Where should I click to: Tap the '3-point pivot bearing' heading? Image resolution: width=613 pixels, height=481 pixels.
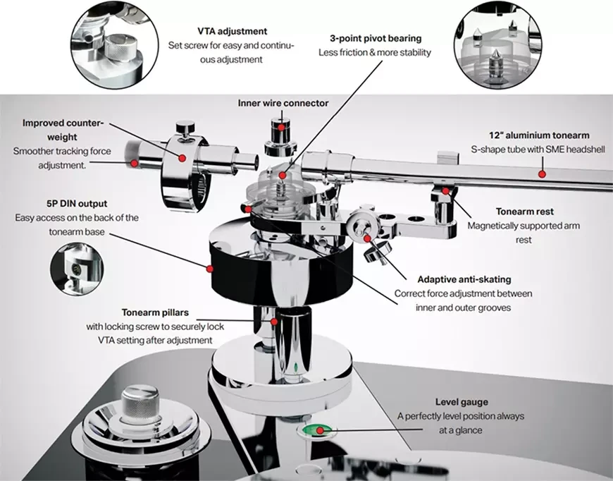(x=380, y=37)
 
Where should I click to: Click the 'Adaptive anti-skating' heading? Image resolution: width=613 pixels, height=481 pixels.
(x=464, y=279)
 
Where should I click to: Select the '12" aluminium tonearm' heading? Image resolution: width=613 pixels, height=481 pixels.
(x=539, y=135)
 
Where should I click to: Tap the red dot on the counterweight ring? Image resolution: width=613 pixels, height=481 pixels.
(x=182, y=157)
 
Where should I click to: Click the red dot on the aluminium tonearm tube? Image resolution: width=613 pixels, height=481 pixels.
(x=542, y=173)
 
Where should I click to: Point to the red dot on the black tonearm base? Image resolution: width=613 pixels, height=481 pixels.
(x=209, y=267)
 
